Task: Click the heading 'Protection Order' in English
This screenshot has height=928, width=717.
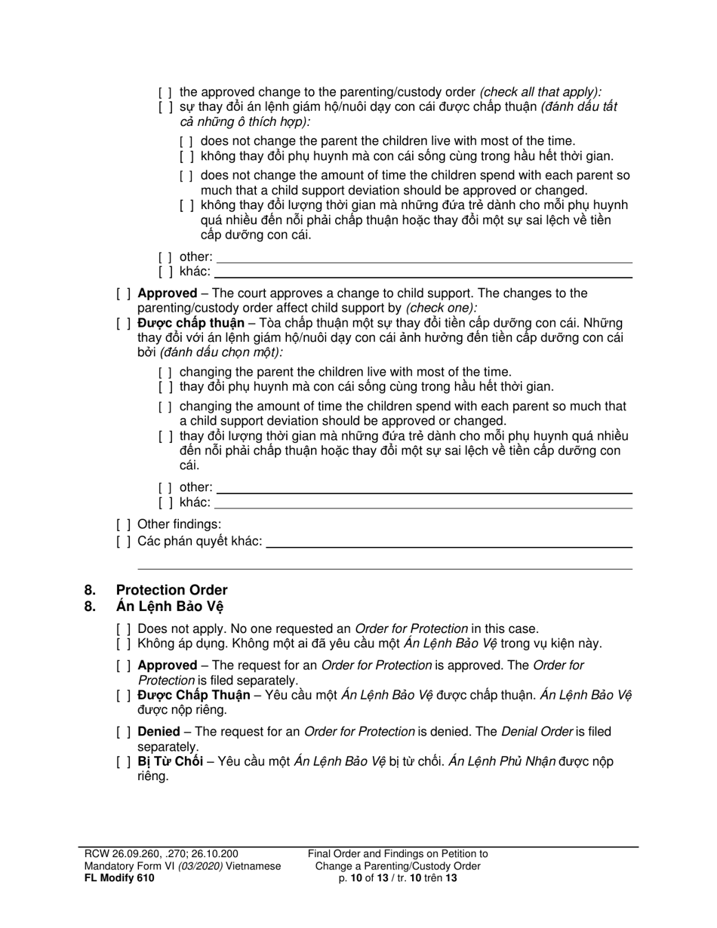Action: click(171, 590)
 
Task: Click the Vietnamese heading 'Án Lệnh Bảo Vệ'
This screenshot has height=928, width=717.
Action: click(170, 606)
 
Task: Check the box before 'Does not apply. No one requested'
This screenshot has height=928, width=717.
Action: click(124, 629)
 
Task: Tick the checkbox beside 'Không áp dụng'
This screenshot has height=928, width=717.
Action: click(124, 644)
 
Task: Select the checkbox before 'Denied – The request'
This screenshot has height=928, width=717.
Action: click(124, 732)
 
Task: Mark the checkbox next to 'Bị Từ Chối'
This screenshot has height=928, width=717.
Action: click(124, 762)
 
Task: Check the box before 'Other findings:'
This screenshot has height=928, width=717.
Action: click(124, 525)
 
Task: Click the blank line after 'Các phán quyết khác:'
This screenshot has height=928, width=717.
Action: click(449, 542)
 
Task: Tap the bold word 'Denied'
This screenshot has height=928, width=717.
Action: click(158, 732)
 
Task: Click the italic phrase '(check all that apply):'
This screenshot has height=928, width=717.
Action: click(540, 92)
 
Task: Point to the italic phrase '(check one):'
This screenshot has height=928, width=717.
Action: click(442, 308)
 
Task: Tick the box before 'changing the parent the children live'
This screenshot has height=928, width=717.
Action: click(166, 373)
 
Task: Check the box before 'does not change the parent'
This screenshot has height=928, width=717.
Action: click(187, 141)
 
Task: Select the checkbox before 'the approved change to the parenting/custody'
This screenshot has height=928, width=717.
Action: click(166, 92)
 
